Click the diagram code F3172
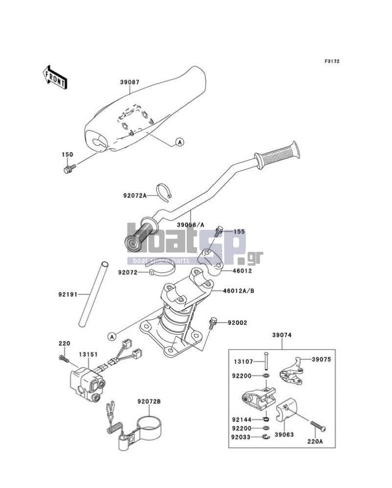tap(332, 61)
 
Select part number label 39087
tap(130, 82)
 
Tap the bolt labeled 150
tap(70, 169)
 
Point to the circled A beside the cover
tap(179, 142)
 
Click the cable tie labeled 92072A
tap(165, 193)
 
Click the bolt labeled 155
tap(219, 232)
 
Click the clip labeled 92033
tap(266, 437)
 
